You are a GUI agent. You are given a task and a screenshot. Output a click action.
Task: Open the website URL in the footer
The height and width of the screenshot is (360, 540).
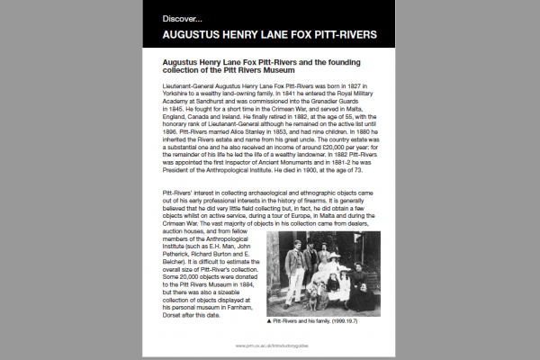coord(270,345)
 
